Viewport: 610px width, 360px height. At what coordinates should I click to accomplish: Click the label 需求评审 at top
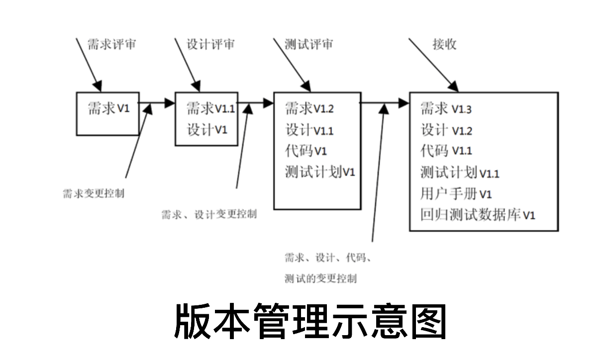(111, 44)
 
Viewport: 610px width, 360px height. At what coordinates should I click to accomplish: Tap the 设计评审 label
(210, 44)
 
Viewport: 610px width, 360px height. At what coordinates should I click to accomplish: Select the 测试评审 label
(308, 44)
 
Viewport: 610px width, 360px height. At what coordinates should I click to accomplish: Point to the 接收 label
(444, 44)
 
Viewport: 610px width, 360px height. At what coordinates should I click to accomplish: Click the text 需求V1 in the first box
(108, 108)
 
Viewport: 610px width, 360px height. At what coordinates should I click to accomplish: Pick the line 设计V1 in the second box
(206, 130)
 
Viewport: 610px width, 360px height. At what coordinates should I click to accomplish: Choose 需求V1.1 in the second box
(210, 108)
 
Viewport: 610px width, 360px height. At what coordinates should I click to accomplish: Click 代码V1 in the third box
(305, 151)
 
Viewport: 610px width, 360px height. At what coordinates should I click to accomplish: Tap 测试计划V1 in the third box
(320, 173)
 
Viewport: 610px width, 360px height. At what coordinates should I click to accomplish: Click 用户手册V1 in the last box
(456, 194)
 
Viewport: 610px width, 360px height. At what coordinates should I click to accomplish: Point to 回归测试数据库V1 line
(477, 215)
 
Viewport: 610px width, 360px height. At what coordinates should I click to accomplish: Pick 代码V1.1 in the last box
(446, 151)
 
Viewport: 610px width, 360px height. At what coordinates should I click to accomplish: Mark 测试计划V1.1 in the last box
(459, 173)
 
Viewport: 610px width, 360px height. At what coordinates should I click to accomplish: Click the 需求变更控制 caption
(93, 194)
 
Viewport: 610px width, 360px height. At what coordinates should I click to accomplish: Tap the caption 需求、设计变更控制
(209, 215)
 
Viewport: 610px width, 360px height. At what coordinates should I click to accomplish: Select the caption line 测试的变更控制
(320, 278)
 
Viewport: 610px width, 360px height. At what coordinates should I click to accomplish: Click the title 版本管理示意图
(310, 322)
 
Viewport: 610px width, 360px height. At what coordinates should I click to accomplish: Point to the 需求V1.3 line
(446, 108)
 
